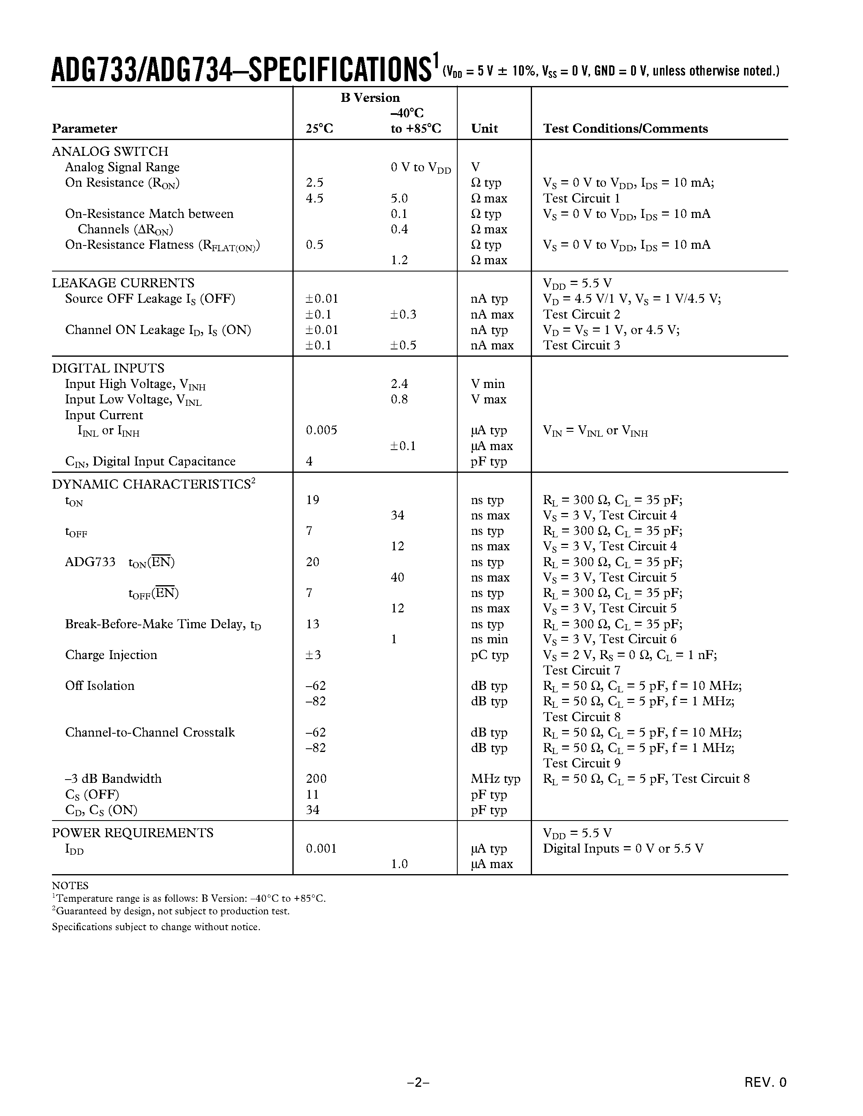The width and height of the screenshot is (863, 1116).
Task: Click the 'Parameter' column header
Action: (x=84, y=128)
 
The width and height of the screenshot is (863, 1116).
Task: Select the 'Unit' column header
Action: (x=484, y=128)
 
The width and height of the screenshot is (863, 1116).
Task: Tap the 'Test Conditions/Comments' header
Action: (x=625, y=128)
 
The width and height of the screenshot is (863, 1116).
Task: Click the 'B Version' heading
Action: (x=370, y=97)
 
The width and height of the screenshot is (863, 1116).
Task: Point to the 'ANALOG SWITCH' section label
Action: (x=110, y=151)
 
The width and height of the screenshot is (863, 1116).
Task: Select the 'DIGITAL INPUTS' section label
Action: (x=108, y=368)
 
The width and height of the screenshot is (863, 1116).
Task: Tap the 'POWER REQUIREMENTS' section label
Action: (x=132, y=832)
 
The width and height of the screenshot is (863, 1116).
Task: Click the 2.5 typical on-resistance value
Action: (x=314, y=183)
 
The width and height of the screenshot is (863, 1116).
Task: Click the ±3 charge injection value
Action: (x=313, y=655)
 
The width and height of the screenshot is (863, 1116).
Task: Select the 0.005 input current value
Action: (x=322, y=430)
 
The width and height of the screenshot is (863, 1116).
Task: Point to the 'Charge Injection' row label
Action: (x=111, y=655)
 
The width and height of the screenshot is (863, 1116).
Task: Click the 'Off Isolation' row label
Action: (x=99, y=685)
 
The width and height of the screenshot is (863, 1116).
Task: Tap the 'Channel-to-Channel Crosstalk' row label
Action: (x=150, y=732)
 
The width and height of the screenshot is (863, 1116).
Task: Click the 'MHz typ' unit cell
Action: (x=495, y=778)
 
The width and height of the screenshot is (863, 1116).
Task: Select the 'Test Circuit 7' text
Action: (x=581, y=670)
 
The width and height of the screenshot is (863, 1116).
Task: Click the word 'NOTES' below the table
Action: (x=70, y=885)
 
